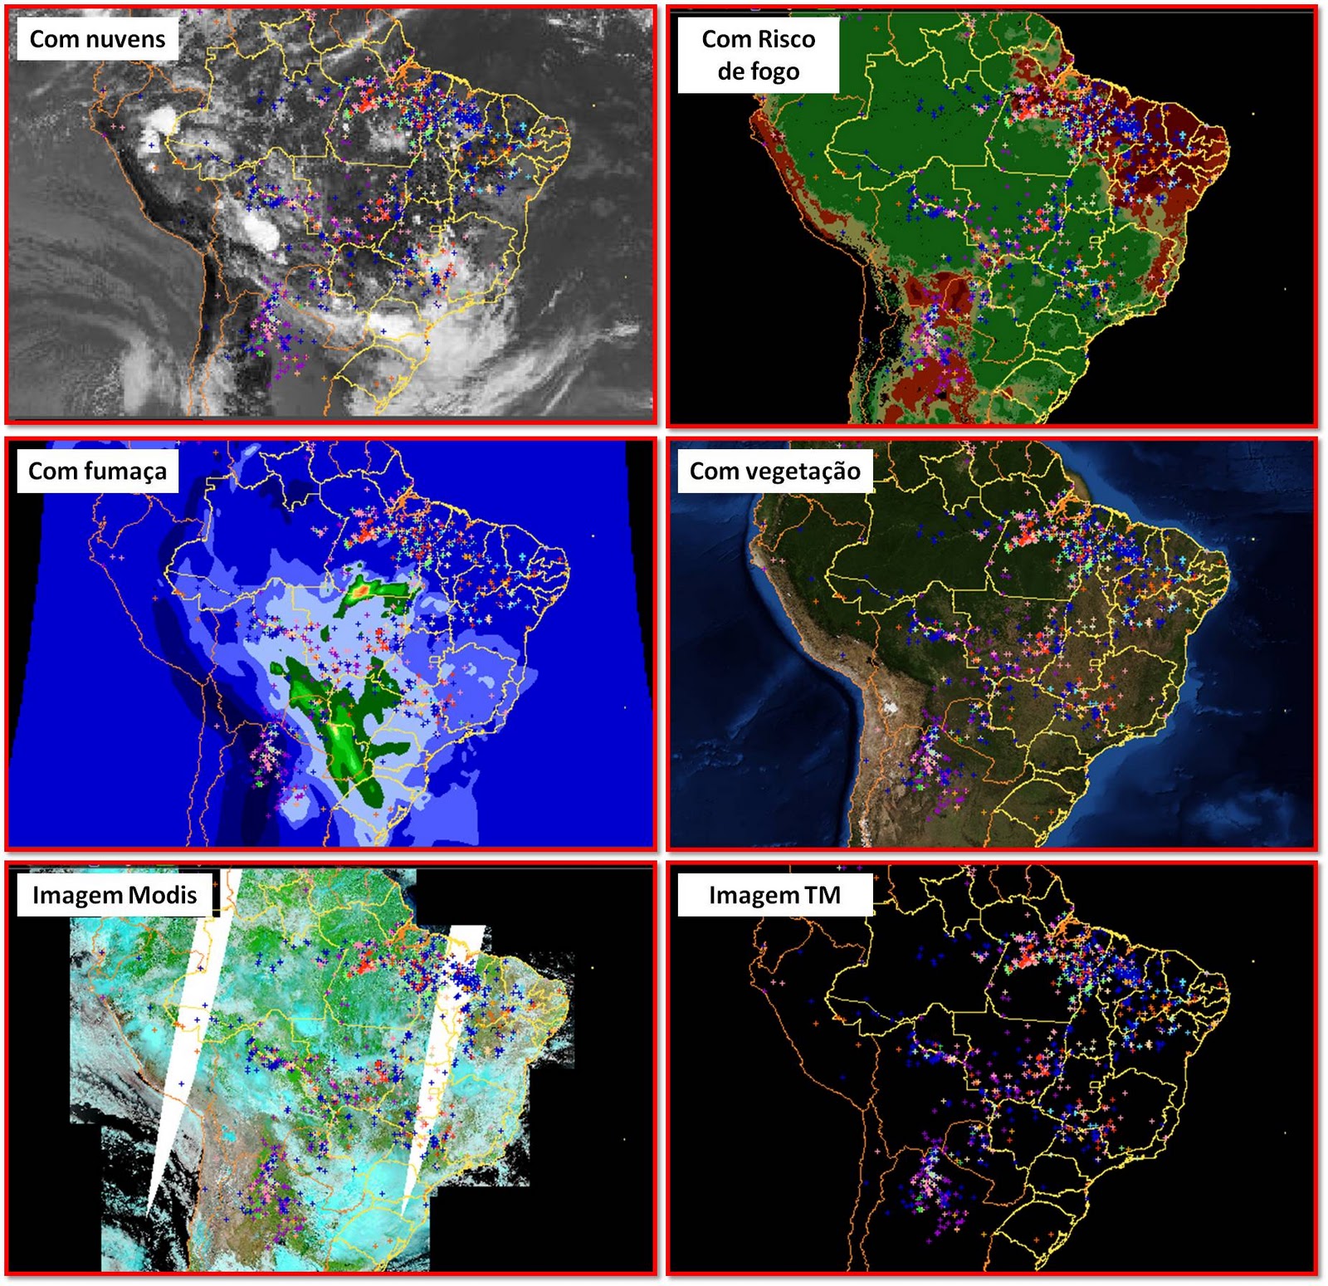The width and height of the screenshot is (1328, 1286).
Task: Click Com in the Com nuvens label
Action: point(54,39)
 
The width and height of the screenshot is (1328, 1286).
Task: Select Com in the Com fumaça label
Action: point(53,472)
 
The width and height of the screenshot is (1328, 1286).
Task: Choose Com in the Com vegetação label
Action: point(715,472)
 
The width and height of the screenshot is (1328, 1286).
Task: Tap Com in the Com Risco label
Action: point(726,39)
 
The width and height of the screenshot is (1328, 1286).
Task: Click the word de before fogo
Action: point(731,71)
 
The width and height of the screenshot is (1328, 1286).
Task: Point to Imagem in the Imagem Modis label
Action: point(77,895)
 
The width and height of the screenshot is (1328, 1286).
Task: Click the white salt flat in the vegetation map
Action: point(891,708)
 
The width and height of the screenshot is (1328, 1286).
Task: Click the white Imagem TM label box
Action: point(774,895)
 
